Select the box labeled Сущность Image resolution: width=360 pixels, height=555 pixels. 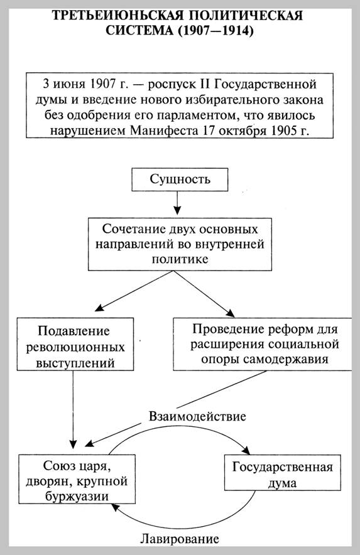[180, 180]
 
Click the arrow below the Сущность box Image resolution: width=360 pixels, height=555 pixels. [177, 203]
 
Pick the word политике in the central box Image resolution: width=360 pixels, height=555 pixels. [180, 259]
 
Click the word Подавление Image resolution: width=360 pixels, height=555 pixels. [74, 331]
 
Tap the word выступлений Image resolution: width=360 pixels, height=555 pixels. [75, 363]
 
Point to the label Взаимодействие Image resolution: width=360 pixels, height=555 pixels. [197, 416]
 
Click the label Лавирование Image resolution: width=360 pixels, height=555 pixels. [180, 539]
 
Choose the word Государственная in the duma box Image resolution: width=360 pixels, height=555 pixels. [282, 467]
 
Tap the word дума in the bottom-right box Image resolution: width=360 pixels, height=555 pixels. [282, 483]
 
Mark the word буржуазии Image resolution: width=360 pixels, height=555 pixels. [77, 496]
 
